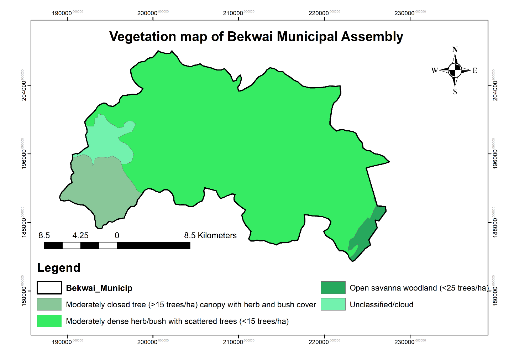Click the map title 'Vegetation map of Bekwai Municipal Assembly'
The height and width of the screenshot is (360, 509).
click(x=256, y=37)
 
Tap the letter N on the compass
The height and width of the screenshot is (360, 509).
click(x=455, y=49)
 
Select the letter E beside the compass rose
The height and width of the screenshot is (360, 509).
click(x=475, y=71)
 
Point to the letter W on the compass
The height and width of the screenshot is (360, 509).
click(x=434, y=71)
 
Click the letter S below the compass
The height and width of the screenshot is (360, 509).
click(x=455, y=92)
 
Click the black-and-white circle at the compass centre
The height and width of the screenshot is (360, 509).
click(x=455, y=70)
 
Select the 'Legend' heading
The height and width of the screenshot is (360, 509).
click(x=59, y=268)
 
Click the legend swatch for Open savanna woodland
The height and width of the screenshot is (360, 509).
click(x=333, y=288)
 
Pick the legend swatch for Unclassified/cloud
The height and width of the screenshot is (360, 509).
click(x=333, y=304)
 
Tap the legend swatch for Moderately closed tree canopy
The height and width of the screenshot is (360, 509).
click(x=49, y=304)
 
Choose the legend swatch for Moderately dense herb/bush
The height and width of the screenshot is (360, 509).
click(x=49, y=321)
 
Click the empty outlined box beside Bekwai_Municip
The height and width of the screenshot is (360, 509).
click(x=49, y=288)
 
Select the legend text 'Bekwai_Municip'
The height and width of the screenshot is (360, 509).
click(x=99, y=288)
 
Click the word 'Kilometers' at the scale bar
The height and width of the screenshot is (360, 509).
click(x=217, y=235)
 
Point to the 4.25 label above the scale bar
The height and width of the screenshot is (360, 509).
click(x=80, y=235)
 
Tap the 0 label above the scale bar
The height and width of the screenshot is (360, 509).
click(x=117, y=235)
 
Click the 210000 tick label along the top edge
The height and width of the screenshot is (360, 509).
click(x=233, y=13)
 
